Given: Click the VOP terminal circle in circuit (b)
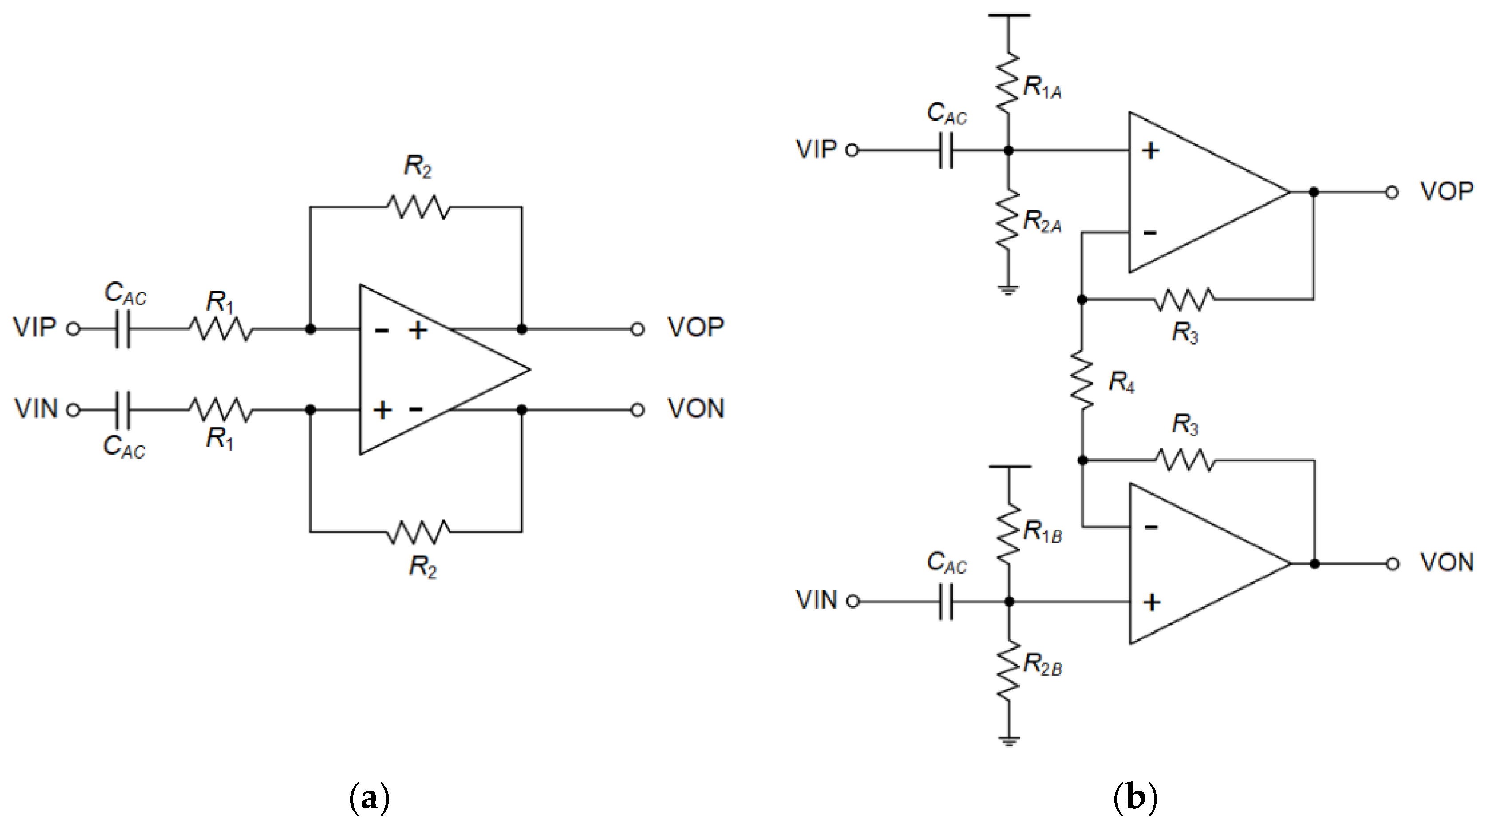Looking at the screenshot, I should pyautogui.click(x=1392, y=192).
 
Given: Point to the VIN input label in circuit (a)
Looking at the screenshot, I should pyautogui.click(x=36, y=409).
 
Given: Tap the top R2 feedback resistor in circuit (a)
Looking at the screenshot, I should pyautogui.click(x=417, y=206).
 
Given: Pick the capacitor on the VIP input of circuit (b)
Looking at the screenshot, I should pyautogui.click(x=946, y=150).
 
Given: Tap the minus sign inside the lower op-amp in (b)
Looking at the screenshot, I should pyautogui.click(x=1151, y=527).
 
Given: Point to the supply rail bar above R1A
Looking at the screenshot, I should pyautogui.click(x=1009, y=16).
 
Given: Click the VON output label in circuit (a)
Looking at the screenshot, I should pyautogui.click(x=696, y=409).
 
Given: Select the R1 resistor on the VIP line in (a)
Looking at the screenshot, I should pyautogui.click(x=221, y=329).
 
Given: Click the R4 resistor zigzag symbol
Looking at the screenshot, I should pyautogui.click(x=1082, y=380).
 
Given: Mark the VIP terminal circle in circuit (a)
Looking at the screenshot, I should pyautogui.click(x=73, y=329).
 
